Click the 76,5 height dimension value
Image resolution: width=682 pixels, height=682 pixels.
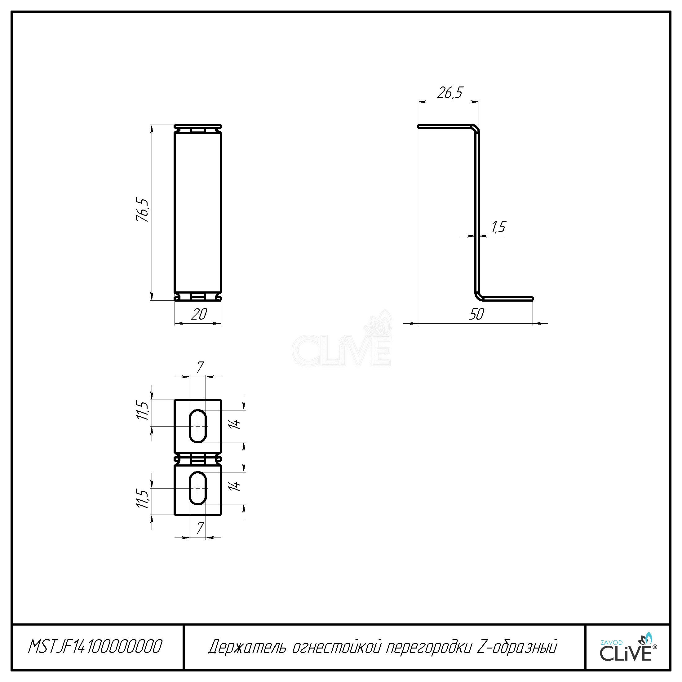point(143,210)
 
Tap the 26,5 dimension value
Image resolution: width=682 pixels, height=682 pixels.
point(449,92)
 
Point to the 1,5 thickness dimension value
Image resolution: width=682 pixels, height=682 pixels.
point(498,227)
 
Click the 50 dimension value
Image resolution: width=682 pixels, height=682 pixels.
point(476,314)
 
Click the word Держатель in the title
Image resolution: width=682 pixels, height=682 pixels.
point(247,647)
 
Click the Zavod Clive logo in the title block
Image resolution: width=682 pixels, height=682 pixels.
point(628,647)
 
